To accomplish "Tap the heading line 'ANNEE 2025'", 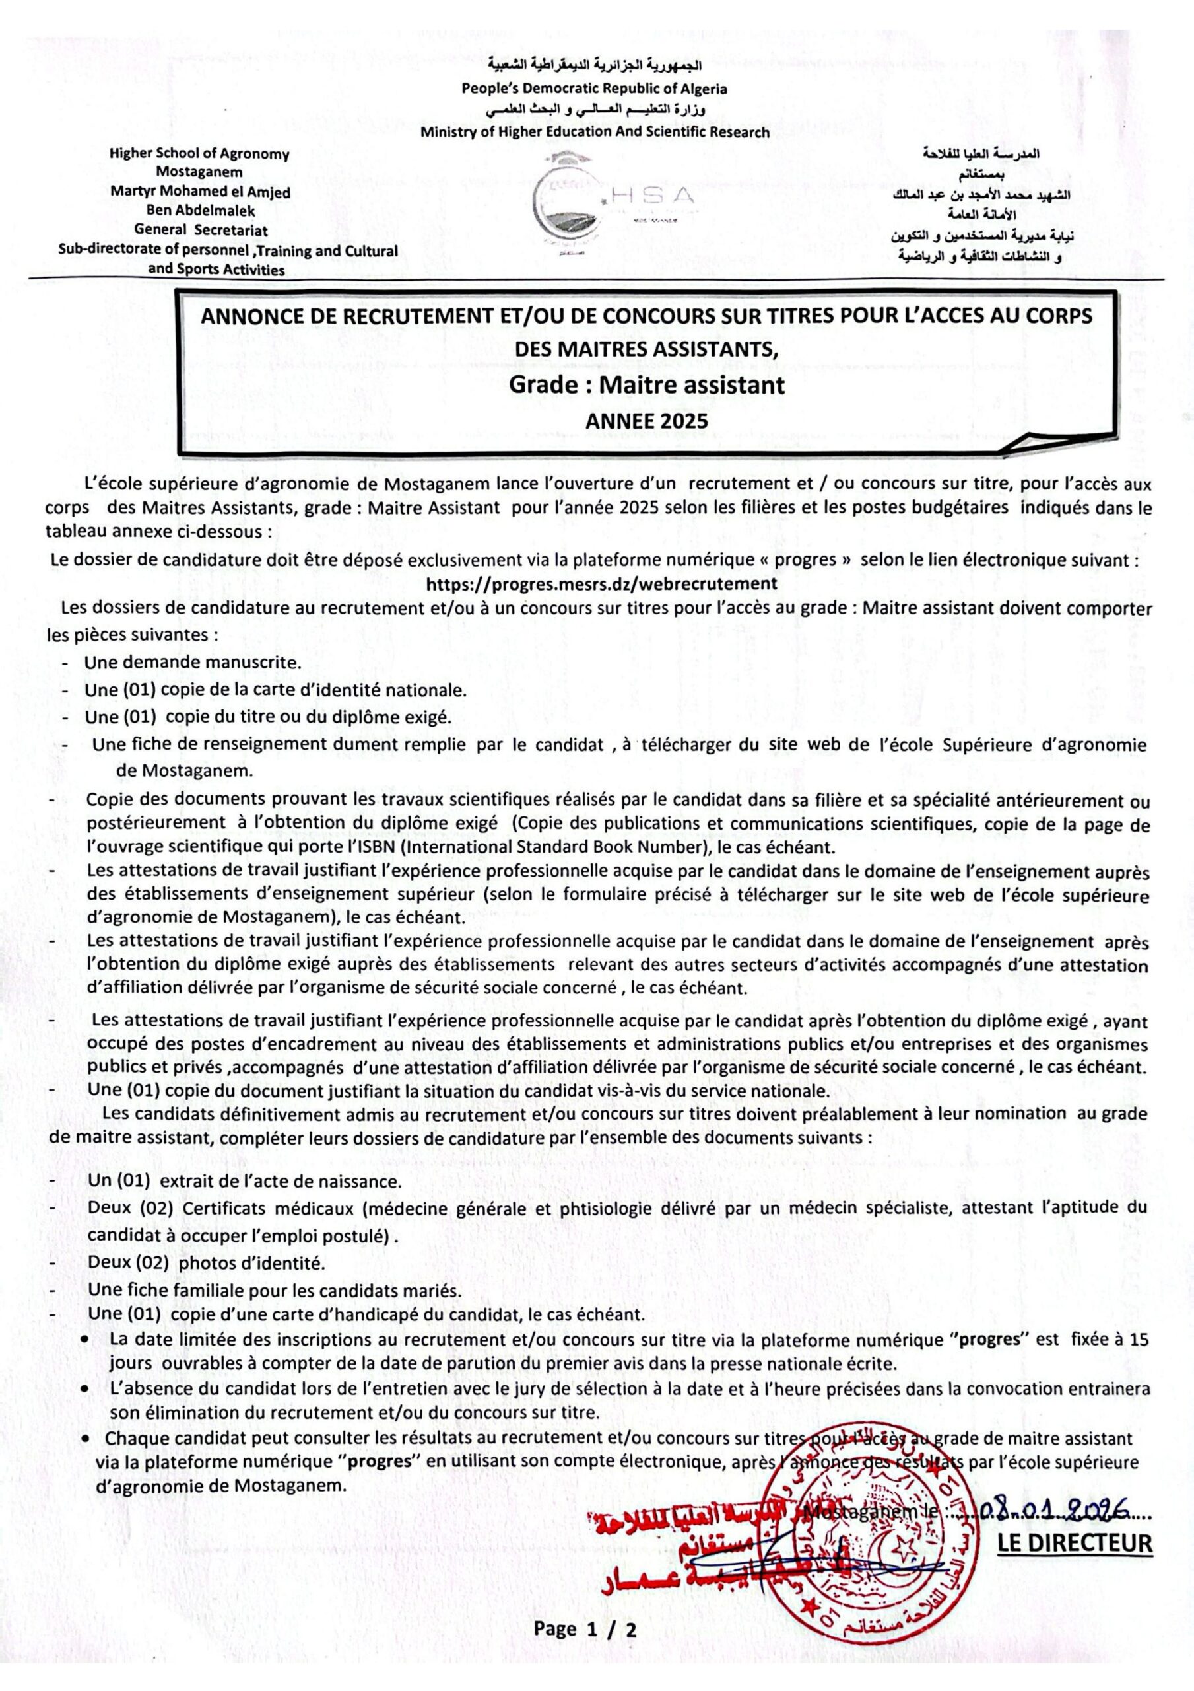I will tap(646, 421).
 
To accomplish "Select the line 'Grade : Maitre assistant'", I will tap(647, 384).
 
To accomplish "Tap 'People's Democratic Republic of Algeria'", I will tap(594, 89).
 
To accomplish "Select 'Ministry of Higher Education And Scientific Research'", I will tap(595, 133).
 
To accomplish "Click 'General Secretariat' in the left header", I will tap(200, 230).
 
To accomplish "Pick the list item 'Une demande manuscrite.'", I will tap(193, 662).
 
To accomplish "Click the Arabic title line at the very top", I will tap(595, 67).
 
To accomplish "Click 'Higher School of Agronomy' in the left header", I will tap(199, 154).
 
